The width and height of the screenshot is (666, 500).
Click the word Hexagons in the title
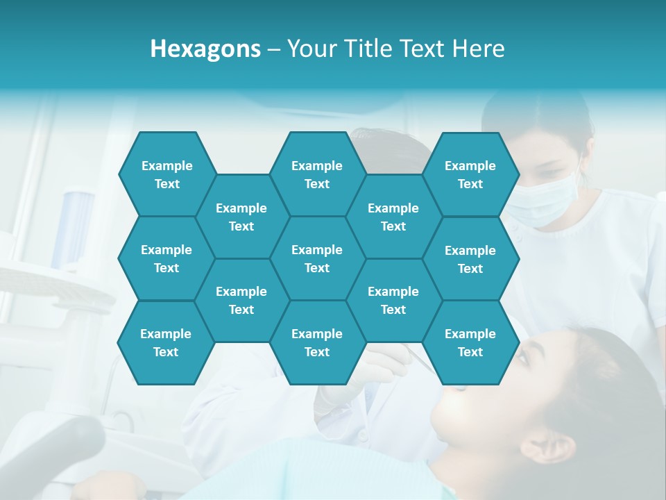click(x=205, y=49)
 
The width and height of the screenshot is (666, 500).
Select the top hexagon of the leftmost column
click(x=167, y=174)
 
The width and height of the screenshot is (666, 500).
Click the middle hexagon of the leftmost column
click(x=166, y=258)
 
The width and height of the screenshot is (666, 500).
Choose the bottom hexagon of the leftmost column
click(x=166, y=342)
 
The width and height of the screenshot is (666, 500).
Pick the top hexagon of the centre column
click(x=317, y=174)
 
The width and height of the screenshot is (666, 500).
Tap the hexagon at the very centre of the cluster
click(x=317, y=258)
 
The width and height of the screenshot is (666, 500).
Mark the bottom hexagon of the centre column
click(x=317, y=342)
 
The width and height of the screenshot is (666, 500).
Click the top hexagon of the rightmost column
click(x=470, y=174)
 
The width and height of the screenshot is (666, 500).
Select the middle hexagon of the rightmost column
click(x=470, y=259)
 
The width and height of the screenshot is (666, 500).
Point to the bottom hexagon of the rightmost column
click(x=470, y=342)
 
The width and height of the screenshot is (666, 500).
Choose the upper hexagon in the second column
click(x=241, y=217)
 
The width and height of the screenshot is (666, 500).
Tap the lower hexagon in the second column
click(x=241, y=300)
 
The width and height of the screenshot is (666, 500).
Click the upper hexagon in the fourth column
click(x=393, y=217)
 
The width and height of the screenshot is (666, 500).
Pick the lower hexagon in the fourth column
click(x=393, y=300)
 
